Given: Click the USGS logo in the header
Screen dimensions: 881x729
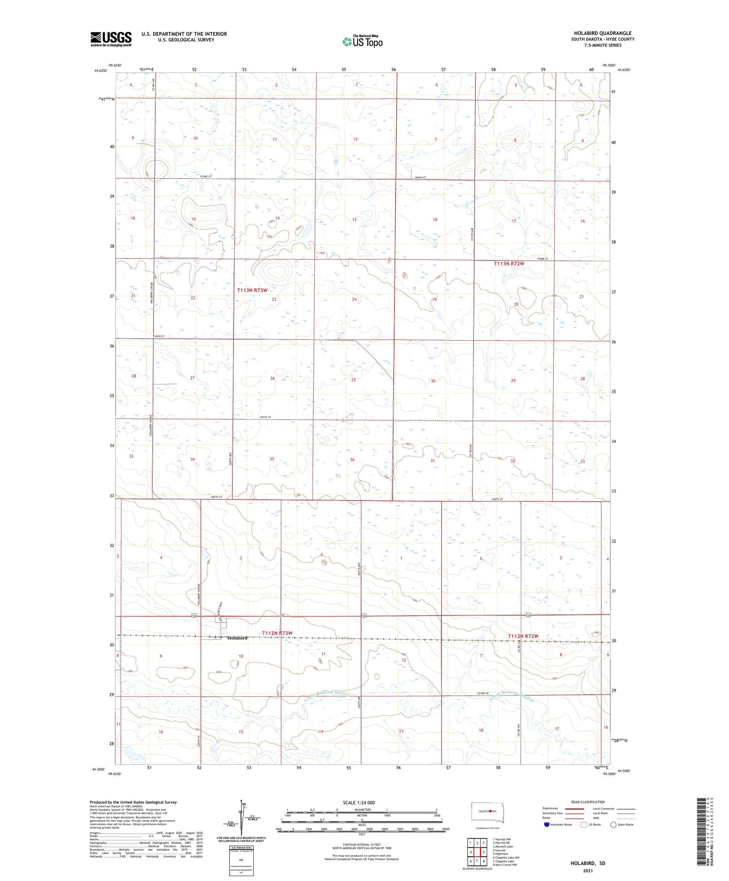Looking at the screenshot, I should (x=111, y=39).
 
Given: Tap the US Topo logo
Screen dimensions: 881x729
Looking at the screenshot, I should (x=362, y=41).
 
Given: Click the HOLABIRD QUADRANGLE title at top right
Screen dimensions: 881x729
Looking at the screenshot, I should (x=603, y=33).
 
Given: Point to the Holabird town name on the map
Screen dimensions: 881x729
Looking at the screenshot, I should (x=237, y=638).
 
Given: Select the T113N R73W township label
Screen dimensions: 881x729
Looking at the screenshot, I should (x=252, y=290).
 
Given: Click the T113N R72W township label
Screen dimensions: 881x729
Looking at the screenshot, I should (x=509, y=263).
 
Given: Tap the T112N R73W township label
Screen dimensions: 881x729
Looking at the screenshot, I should (x=277, y=633).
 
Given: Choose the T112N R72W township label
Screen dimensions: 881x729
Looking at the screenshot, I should (x=523, y=636).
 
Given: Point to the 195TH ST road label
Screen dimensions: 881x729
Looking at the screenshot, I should (x=265, y=417).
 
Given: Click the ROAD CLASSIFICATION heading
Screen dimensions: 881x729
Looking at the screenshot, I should (x=588, y=802).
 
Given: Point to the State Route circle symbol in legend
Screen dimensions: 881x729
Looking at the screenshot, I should (x=613, y=824).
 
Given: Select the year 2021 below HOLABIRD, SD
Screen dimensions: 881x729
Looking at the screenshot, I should (x=588, y=870).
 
